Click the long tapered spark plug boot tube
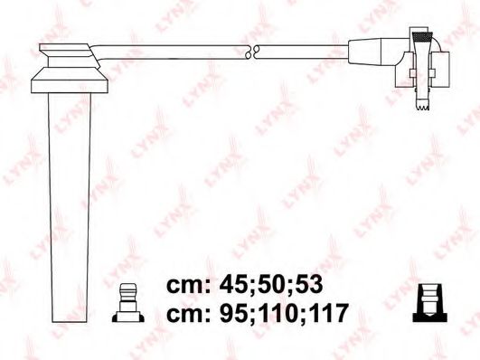[70, 199]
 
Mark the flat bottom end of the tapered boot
[71, 319]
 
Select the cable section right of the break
[303, 52]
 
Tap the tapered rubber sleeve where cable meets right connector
[371, 52]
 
